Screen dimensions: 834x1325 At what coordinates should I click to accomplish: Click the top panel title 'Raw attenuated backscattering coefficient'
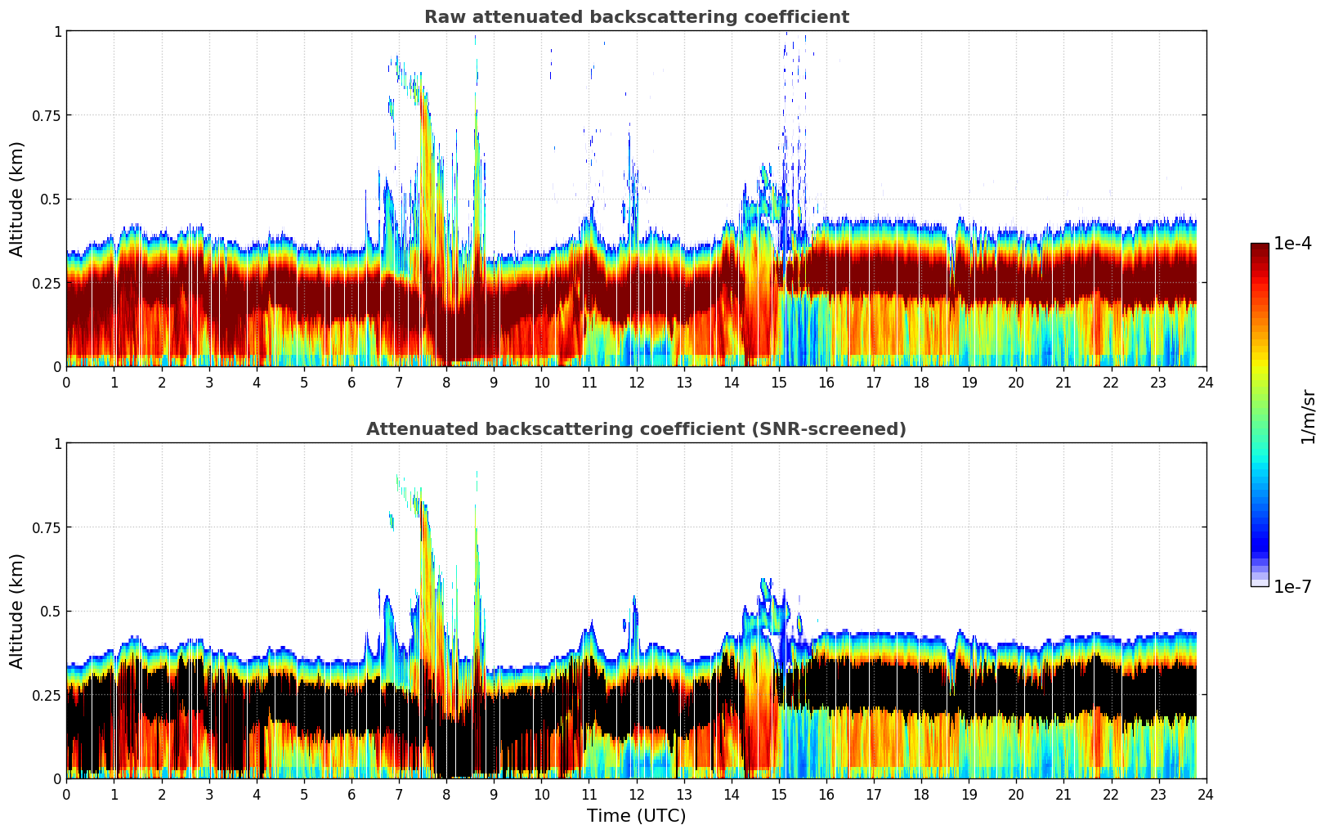click(x=636, y=17)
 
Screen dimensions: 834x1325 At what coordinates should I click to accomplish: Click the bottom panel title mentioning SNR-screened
click(x=636, y=429)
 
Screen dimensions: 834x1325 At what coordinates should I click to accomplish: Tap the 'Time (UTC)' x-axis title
click(x=636, y=816)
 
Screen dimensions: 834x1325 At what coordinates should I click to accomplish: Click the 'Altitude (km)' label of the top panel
click(x=17, y=199)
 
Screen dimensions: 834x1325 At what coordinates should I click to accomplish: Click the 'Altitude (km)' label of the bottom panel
click(x=17, y=611)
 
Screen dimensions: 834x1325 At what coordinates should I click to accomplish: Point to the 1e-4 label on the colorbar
click(x=1292, y=244)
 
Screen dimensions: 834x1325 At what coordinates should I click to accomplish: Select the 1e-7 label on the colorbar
click(x=1292, y=587)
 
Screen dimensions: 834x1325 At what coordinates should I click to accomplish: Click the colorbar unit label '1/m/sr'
click(x=1308, y=416)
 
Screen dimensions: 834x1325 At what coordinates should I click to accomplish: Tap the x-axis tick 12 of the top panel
click(x=637, y=383)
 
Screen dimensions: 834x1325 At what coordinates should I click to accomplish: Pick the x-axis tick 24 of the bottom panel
click(x=1206, y=795)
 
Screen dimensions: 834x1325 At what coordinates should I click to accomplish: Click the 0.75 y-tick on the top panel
click(x=46, y=115)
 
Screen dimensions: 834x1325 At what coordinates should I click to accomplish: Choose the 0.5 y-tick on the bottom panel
click(x=51, y=611)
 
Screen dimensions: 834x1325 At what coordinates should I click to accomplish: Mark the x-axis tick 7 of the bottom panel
click(x=399, y=795)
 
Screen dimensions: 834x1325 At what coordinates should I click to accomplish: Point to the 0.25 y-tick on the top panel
click(x=46, y=283)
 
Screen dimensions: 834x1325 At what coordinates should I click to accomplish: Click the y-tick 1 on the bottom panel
click(x=57, y=444)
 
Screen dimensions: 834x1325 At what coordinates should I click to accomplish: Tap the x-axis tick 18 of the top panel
click(x=921, y=383)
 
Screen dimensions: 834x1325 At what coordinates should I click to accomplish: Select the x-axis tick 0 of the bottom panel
click(x=67, y=795)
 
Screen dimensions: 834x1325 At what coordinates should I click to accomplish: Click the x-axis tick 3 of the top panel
click(x=209, y=383)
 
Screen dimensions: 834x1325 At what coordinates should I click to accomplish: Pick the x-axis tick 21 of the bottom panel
click(x=1063, y=795)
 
